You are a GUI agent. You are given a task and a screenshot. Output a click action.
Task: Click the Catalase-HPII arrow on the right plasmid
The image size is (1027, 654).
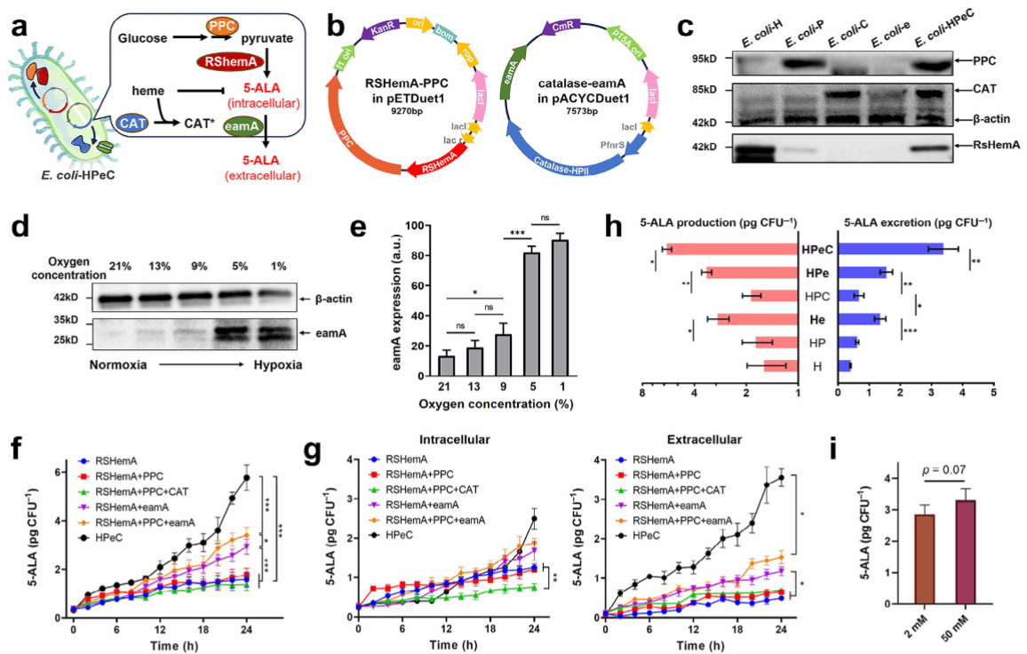tap(569, 161)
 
